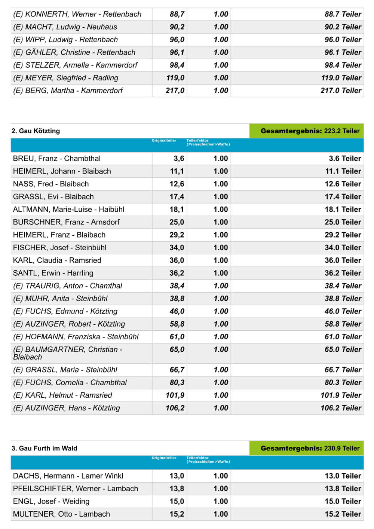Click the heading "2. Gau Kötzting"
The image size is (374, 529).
[36, 131]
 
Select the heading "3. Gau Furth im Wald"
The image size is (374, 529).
[45, 448]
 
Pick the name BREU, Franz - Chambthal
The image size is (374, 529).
[57, 159]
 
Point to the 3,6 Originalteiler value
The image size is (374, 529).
[179, 159]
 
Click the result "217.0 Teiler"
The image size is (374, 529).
[341, 91]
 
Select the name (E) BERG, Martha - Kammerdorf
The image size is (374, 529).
[68, 91]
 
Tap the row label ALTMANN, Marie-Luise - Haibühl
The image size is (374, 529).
[68, 210]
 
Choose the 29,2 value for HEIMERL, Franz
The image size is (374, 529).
[177, 235]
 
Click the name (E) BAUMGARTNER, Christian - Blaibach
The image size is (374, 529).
[67, 353]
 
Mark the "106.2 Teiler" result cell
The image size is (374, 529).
[341, 408]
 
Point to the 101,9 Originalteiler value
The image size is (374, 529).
[175, 395]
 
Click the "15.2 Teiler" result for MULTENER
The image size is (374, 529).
[343, 514]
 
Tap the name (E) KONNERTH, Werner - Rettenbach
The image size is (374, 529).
[77, 14]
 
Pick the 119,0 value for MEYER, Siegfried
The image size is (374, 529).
[175, 78]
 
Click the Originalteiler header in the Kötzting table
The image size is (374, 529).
[164, 141]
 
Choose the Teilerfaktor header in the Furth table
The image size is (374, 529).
[208, 459]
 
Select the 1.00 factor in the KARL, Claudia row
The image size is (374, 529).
[220, 260]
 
